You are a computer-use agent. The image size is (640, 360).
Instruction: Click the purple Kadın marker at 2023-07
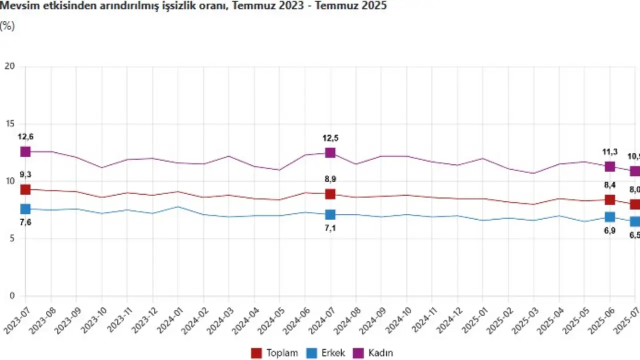25,151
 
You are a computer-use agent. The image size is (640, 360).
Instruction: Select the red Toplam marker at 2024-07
330,194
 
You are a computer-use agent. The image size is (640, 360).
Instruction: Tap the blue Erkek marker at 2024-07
330,214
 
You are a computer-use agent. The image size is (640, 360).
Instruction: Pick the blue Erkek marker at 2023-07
25,209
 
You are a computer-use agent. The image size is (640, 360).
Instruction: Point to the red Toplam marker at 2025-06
609,199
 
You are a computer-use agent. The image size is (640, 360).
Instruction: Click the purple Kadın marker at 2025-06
609,166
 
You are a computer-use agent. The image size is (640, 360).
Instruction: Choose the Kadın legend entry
374,353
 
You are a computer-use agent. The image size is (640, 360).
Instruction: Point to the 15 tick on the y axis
9,124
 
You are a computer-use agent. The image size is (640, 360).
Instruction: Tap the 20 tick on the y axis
9,66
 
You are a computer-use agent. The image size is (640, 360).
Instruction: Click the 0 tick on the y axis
12,296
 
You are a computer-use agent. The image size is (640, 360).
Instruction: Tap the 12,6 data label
25,136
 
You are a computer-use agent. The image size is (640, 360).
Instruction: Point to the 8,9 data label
330,179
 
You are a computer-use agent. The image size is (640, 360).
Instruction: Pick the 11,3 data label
609,152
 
